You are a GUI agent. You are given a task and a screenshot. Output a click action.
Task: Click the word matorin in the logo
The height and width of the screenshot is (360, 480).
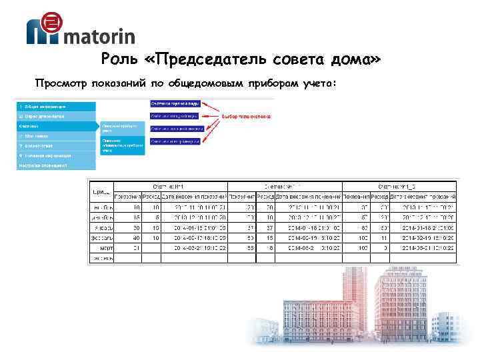98,36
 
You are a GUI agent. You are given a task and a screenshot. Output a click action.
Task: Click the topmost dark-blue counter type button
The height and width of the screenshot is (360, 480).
175,103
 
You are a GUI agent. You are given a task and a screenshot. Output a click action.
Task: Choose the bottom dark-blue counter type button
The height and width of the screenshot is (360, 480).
175,141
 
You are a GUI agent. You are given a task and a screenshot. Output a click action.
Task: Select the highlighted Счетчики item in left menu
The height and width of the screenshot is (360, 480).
56,125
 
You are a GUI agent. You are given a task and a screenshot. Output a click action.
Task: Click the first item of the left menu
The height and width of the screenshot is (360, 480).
56,106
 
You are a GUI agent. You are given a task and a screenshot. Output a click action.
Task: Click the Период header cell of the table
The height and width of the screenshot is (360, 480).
101,192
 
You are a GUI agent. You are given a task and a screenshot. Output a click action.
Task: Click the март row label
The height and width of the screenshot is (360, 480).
105,247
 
